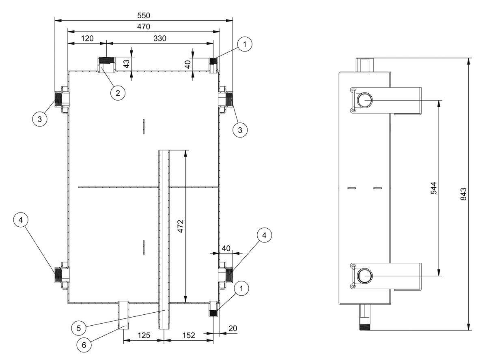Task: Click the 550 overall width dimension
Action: pos(144,16)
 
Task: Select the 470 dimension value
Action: pos(144,27)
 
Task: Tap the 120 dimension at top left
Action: pos(87,39)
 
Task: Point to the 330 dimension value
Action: pos(160,39)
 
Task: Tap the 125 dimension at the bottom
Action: pos(144,335)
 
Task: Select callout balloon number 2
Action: pos(118,93)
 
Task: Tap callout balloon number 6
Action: pos(84,345)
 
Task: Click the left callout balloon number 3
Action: pos(40,119)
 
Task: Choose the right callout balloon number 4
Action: pos(264,235)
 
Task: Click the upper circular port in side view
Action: pos(364,99)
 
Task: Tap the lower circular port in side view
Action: pos(364,276)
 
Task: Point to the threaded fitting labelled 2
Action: pos(107,65)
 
